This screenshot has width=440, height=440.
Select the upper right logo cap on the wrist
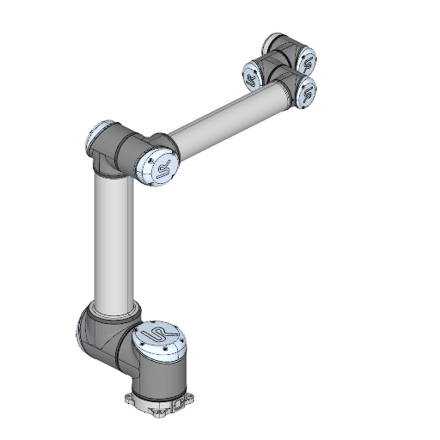tap(307, 59)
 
